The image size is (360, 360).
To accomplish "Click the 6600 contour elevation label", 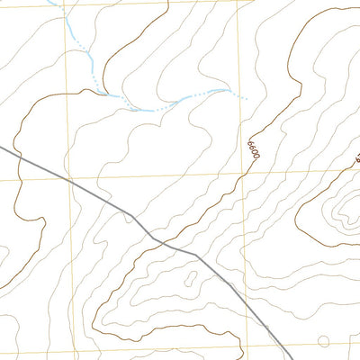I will coord(253,148).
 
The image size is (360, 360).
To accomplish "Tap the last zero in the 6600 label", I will coord(256,158).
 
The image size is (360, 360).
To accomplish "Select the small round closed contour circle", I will coord(324,341).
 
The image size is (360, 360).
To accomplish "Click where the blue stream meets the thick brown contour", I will coord(106,93).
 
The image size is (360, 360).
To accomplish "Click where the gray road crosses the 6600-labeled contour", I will coord(161,240).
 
